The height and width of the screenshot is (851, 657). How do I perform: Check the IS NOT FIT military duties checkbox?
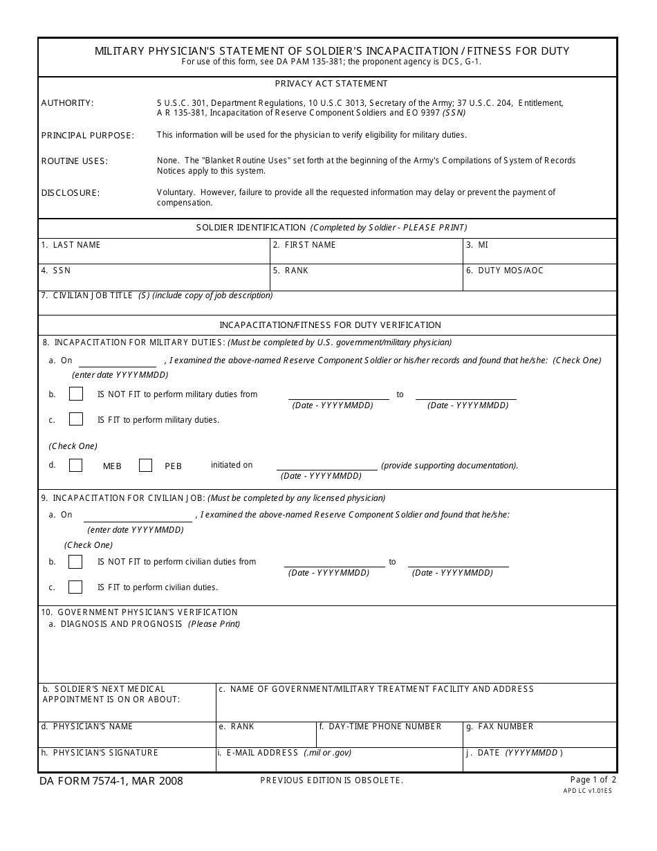pos(76,394)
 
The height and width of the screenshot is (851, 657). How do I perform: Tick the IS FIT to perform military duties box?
pos(76,419)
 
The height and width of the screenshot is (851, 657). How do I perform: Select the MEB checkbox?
pos(76,465)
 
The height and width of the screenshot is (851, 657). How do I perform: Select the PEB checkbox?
pos(145,465)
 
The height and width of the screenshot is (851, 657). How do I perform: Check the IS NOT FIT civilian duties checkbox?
pos(75,562)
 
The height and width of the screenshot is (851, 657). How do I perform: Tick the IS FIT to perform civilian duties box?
pos(75,587)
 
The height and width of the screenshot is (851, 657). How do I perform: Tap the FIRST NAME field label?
pos(310,245)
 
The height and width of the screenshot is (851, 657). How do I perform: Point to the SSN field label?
pos(61,271)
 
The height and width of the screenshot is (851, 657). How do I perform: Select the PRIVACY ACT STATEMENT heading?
pos(331,84)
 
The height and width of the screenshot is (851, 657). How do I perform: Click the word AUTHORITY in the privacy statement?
pos(67,103)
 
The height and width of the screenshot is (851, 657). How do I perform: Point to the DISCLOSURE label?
pos(71,193)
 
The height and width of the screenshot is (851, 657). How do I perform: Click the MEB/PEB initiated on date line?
pos(327,466)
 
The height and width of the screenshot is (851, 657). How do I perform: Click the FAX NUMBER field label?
pos(505,726)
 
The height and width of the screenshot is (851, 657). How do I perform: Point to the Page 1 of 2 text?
pos(593,780)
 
